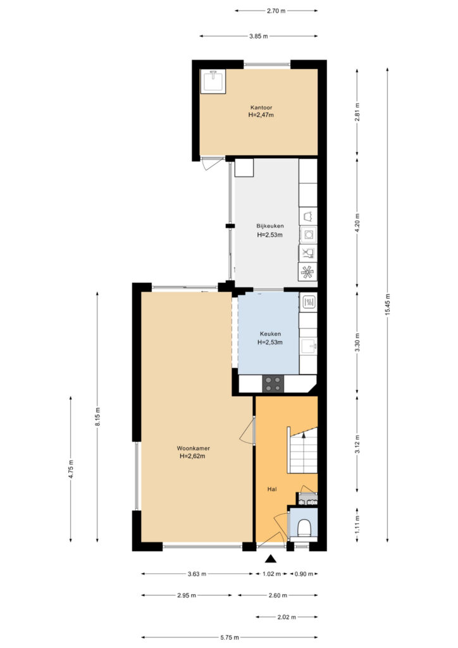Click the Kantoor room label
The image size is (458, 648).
click(x=261, y=108)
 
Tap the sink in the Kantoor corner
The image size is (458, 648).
click(x=213, y=81)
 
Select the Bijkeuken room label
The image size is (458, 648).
click(x=270, y=226)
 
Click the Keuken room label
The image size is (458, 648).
click(x=270, y=334)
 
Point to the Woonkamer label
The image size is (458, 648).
click(x=194, y=449)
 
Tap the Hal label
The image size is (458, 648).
click(x=272, y=489)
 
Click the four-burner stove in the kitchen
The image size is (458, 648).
click(x=273, y=383)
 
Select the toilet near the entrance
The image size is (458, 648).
click(x=304, y=527)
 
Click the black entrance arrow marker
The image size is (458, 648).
click(x=271, y=559)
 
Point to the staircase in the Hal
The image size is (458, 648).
click(x=303, y=451)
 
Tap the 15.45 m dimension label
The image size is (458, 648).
click(x=387, y=304)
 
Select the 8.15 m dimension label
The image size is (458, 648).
click(x=97, y=416)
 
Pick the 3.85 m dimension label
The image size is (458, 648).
click(x=259, y=36)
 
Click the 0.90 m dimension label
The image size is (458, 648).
click(x=304, y=574)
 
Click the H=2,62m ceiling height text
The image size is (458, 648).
click(x=192, y=456)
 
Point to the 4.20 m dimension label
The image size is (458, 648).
click(x=357, y=221)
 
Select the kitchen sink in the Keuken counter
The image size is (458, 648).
click(x=308, y=346)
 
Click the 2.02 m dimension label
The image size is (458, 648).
click(x=287, y=617)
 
